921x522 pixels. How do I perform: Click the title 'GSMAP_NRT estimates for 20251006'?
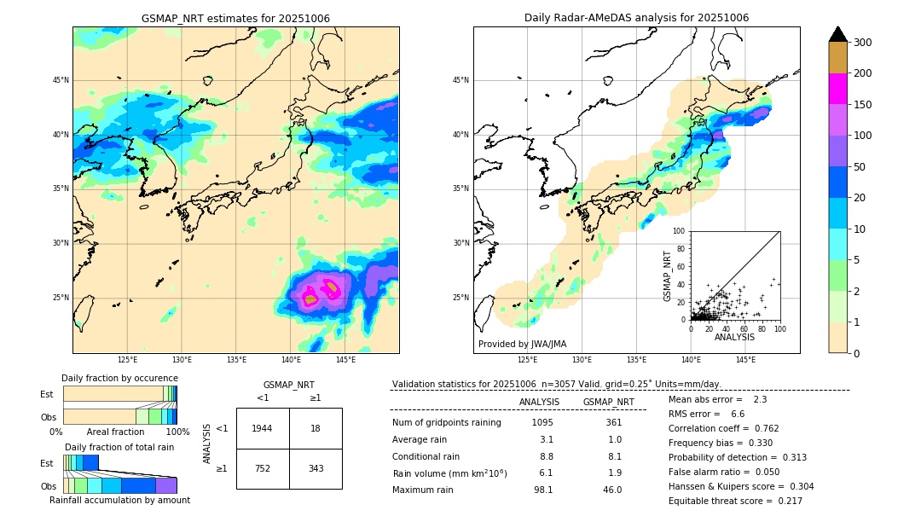coord(235,18)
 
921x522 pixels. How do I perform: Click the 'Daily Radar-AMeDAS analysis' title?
coord(636,18)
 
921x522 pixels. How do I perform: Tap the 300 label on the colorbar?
coord(862,43)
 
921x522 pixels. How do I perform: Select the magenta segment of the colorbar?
coord(837,89)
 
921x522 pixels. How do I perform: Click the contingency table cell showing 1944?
coord(263,428)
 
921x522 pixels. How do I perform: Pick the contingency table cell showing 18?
coord(316,428)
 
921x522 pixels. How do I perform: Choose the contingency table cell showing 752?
coord(263,468)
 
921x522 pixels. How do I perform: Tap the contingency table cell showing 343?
coord(316,468)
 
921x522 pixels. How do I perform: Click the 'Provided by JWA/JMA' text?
coord(522,345)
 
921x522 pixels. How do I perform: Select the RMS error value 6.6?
coord(738,414)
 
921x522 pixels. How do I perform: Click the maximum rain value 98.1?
coord(542,490)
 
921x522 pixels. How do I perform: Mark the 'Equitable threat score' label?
coord(721,501)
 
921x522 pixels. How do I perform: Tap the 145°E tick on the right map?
coord(745,360)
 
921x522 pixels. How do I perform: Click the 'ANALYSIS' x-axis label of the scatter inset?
coord(734,337)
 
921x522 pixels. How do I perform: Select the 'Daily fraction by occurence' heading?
coord(119,378)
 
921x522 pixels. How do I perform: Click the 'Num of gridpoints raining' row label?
coord(447,422)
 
